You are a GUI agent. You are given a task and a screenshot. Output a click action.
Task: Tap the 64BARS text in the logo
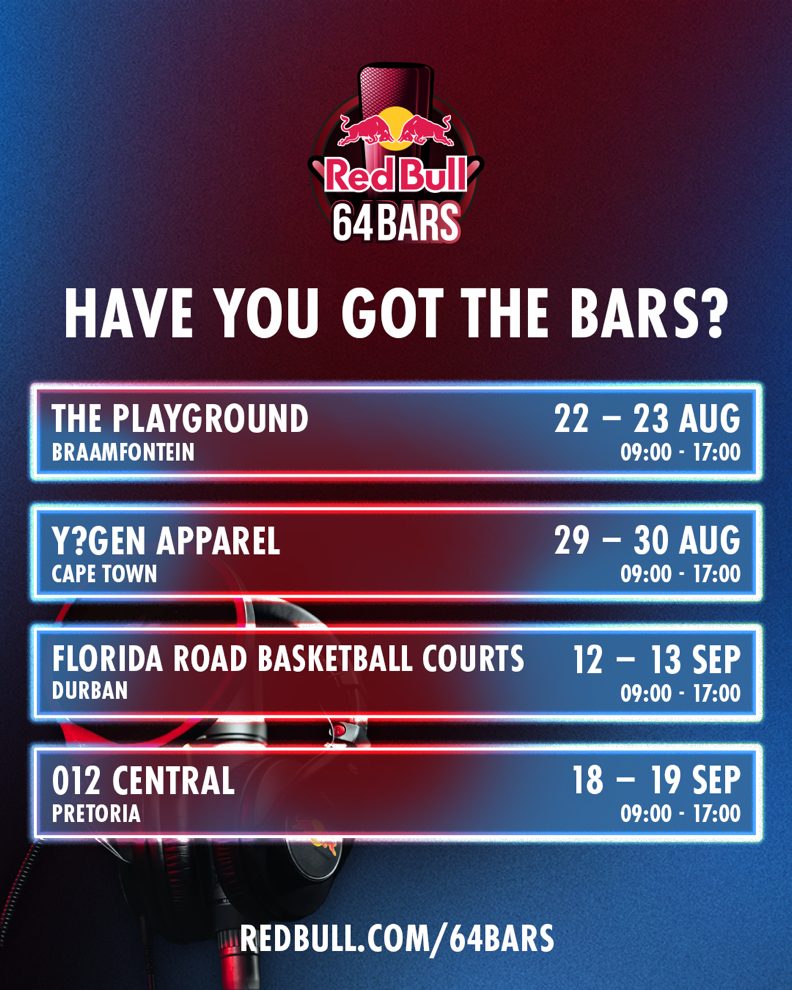tap(396, 222)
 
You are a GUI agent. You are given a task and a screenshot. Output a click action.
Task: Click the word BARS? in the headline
tap(648, 313)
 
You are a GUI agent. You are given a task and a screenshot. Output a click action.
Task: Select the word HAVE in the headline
tap(129, 313)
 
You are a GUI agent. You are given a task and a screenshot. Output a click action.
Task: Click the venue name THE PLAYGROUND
tap(179, 419)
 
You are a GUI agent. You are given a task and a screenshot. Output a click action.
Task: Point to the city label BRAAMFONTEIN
tap(123, 452)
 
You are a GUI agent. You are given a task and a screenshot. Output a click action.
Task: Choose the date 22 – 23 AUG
tap(647, 419)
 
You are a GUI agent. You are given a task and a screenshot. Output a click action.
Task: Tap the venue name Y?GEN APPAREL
tap(165, 540)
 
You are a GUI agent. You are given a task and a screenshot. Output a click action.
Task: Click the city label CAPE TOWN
tap(104, 574)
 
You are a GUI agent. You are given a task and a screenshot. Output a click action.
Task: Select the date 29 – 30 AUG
tap(647, 540)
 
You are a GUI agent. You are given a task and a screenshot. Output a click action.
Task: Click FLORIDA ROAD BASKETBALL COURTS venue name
tap(288, 659)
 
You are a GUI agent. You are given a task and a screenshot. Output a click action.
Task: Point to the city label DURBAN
tap(90, 691)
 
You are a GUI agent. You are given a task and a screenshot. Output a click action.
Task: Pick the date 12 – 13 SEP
tap(656, 660)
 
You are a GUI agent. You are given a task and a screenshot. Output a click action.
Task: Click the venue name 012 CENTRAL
tap(143, 780)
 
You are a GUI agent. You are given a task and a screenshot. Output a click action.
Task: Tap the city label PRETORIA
tap(96, 813)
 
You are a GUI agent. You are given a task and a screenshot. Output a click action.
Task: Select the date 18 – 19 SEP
tap(656, 780)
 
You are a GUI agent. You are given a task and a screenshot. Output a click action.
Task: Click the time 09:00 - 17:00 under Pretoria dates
tap(680, 813)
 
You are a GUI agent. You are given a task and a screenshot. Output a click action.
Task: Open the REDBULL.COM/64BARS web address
tap(397, 938)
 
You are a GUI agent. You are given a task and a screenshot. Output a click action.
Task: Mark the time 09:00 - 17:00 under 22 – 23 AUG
tap(680, 452)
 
